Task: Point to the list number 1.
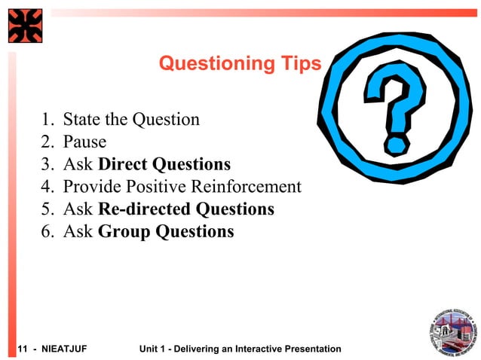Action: pos(47,119)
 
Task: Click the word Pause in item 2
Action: pos(84,142)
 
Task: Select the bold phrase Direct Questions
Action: pos(164,164)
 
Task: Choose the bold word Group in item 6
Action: pos(124,231)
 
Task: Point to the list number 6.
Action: pos(47,231)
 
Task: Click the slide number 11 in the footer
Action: pos(22,349)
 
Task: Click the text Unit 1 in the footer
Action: pos(153,349)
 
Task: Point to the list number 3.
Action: pos(47,164)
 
